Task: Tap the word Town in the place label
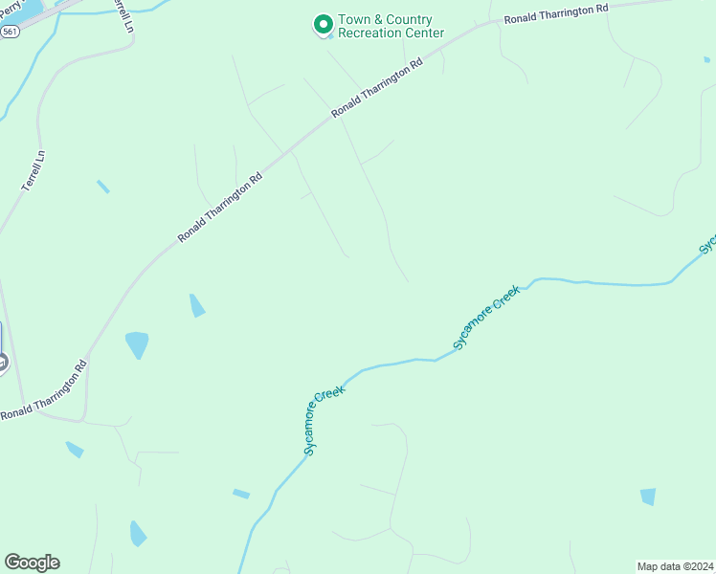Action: (x=355, y=20)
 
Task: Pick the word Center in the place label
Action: (x=426, y=33)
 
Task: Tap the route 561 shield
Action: (x=10, y=32)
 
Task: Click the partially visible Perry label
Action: (x=10, y=10)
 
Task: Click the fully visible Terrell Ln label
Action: (x=33, y=170)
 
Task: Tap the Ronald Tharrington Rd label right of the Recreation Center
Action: (x=556, y=13)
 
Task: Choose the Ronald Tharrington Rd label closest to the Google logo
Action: (x=44, y=391)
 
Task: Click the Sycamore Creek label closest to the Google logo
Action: (x=324, y=419)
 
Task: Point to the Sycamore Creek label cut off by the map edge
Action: (x=707, y=242)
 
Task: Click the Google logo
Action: (x=32, y=563)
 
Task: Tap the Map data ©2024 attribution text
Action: (x=675, y=565)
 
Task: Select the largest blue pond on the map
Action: (x=138, y=343)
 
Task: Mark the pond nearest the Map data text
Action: (x=648, y=496)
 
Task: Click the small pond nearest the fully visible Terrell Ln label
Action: (x=102, y=187)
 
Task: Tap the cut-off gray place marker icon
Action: (x=3, y=362)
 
